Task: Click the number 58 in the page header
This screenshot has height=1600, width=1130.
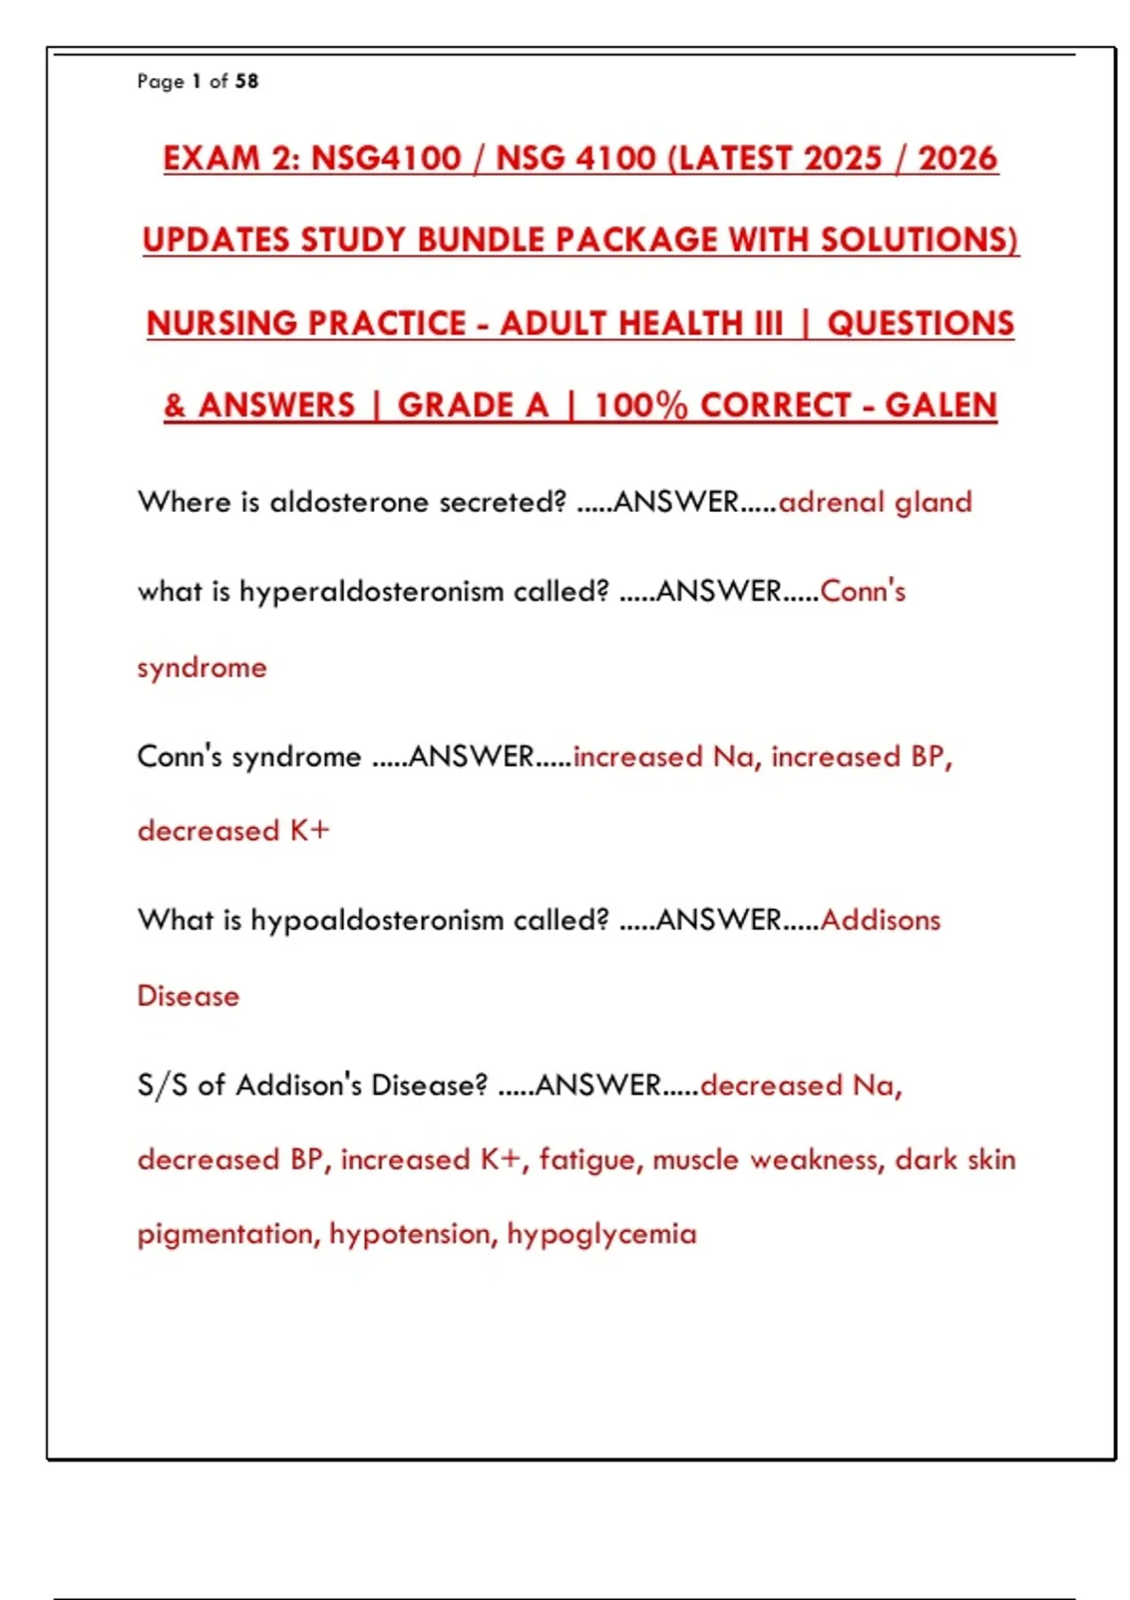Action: pos(247,81)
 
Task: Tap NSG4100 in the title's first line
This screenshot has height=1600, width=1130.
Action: pos(386,158)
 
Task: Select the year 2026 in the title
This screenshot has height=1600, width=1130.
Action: pos(957,158)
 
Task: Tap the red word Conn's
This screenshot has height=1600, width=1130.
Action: pos(863,592)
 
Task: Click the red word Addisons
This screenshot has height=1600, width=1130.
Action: pos(880,920)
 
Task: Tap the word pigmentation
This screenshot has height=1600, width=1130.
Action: pos(226,1234)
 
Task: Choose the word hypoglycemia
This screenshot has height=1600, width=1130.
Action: pos(602,1234)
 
